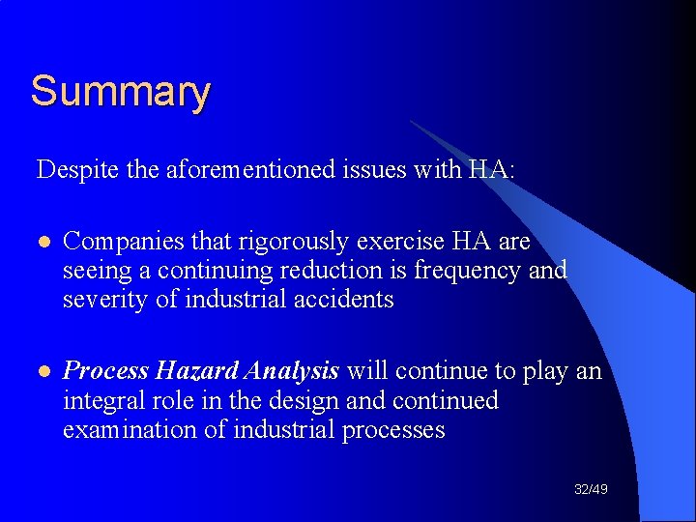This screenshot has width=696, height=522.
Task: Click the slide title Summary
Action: point(120,93)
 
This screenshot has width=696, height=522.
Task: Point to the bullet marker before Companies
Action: point(42,242)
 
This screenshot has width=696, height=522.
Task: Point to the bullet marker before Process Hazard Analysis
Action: point(42,371)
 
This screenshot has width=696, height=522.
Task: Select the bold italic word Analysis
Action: point(292,371)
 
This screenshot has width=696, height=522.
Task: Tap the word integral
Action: point(101,400)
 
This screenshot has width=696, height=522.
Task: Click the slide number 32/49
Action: point(591,490)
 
